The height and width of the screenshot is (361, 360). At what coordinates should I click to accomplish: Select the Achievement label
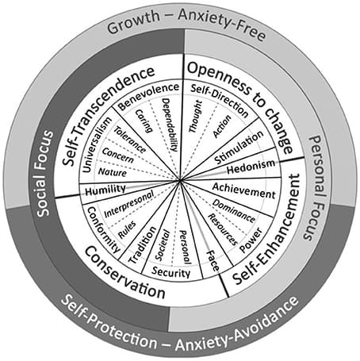tap(243, 191)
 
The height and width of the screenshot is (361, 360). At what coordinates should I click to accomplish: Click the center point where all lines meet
tap(182, 181)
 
